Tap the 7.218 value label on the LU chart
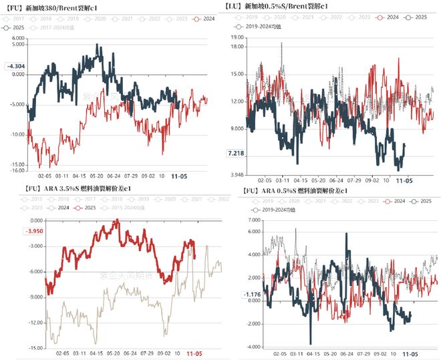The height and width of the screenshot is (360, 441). [x=237, y=154]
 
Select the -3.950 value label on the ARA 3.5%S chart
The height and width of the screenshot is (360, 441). [x=15, y=232]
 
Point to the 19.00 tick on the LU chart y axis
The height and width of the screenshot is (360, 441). [x=237, y=39]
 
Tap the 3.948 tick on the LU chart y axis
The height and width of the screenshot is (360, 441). [x=237, y=176]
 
